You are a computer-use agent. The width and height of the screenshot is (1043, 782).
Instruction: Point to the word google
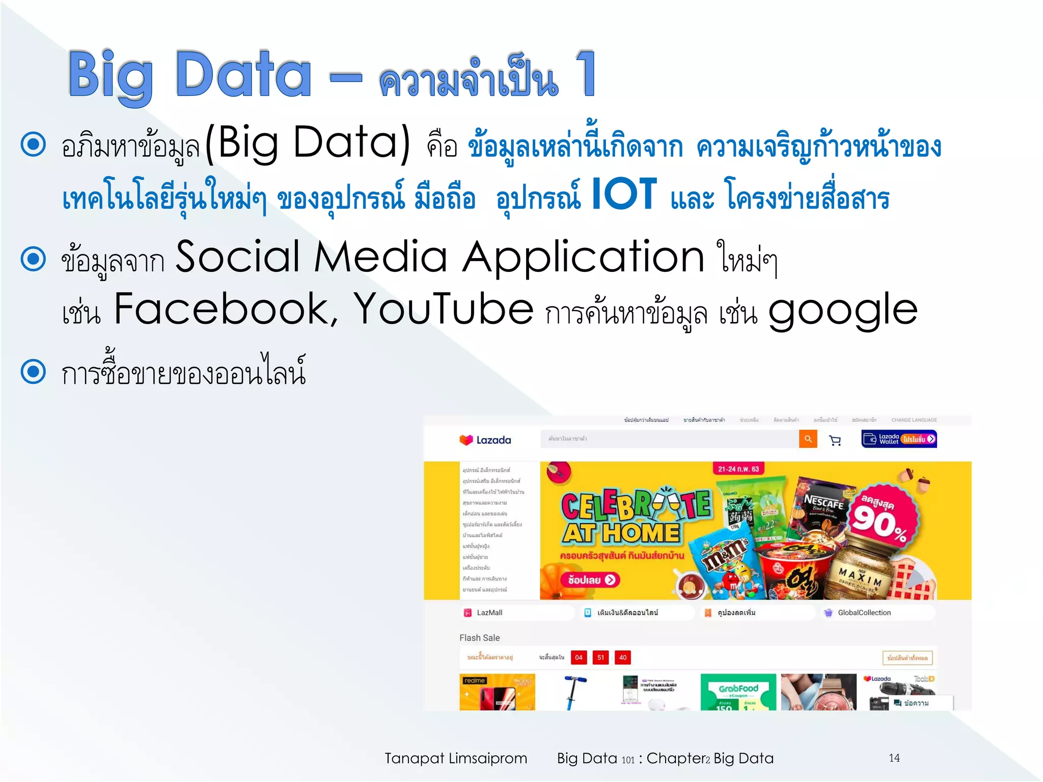[843, 311]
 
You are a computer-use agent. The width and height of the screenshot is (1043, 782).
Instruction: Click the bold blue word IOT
[624, 194]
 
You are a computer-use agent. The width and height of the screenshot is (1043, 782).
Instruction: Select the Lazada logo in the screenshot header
[485, 440]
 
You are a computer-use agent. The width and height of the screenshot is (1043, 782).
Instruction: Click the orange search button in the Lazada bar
[808, 439]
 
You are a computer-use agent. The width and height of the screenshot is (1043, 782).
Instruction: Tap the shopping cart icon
[835, 440]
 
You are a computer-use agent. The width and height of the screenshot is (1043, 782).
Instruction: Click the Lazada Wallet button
[899, 439]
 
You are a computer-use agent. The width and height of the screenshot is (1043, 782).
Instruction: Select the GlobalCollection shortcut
[864, 612]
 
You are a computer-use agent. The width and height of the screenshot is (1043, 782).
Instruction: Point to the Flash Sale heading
[479, 637]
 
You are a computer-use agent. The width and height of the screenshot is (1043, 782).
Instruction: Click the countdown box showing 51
[601, 657]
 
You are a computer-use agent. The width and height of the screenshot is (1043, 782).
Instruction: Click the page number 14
[894, 758]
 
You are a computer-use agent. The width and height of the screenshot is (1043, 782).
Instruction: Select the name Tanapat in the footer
[415, 759]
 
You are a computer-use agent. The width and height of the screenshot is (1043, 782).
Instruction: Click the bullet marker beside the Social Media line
[34, 258]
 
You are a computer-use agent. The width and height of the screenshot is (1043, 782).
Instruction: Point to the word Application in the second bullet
[583, 258]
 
